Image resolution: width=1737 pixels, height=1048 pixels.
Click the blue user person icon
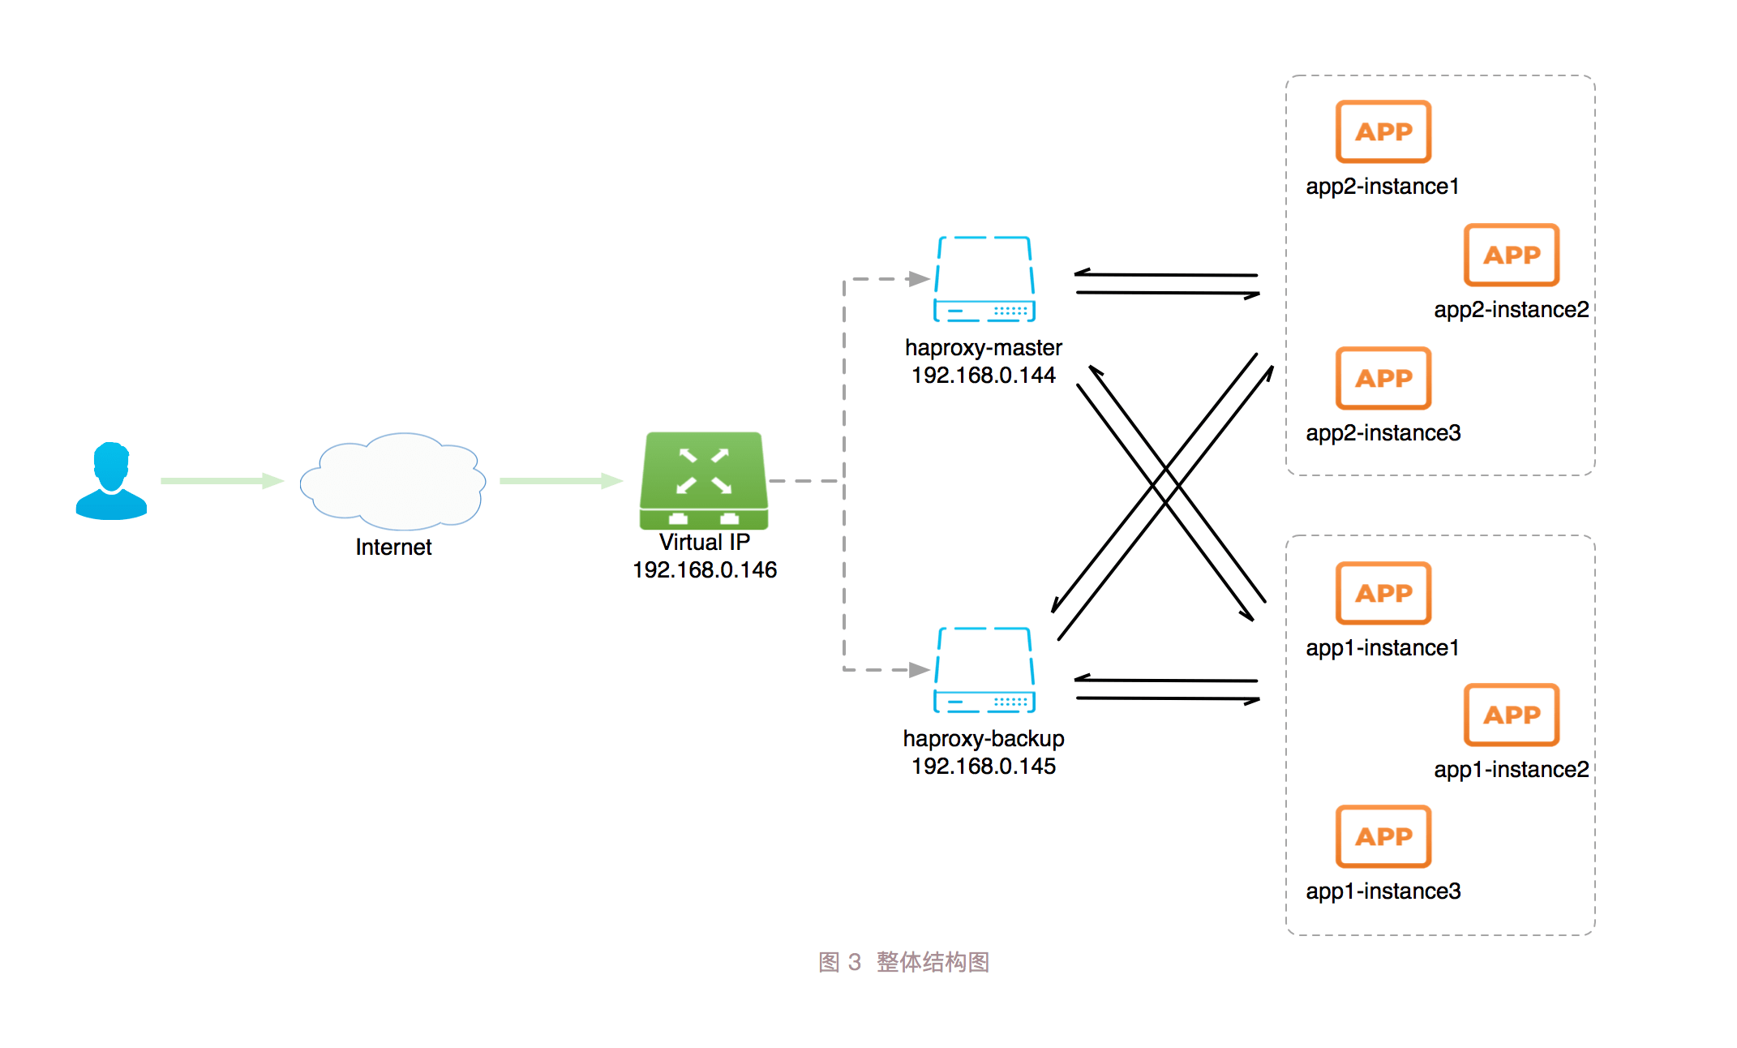[x=111, y=481]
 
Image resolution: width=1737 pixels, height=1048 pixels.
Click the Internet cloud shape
[x=392, y=481]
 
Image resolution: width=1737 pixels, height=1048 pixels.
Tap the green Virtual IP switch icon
[x=704, y=480]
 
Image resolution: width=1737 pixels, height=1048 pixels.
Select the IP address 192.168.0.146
[x=704, y=570]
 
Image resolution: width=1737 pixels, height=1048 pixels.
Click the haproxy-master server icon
[x=984, y=279]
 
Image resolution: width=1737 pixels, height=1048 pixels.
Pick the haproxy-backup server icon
[x=984, y=670]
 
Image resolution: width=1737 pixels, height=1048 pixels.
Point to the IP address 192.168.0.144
[x=983, y=376]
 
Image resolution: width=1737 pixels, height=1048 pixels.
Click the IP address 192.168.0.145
[x=983, y=767]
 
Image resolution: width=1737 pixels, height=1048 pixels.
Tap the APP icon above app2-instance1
[x=1383, y=131]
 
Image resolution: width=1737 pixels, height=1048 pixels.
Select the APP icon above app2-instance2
[x=1512, y=255]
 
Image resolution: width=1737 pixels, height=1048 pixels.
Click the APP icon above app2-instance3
[x=1383, y=378]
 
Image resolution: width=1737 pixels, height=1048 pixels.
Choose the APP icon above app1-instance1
[x=1383, y=593]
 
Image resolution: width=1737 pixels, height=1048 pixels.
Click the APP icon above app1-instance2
[x=1512, y=715]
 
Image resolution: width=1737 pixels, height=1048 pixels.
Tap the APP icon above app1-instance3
[x=1383, y=836]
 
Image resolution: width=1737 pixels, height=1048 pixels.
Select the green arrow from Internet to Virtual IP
[x=560, y=481]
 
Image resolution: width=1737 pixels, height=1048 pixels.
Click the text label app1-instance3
[x=1383, y=891]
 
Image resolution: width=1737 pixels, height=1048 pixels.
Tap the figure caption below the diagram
[x=903, y=962]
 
